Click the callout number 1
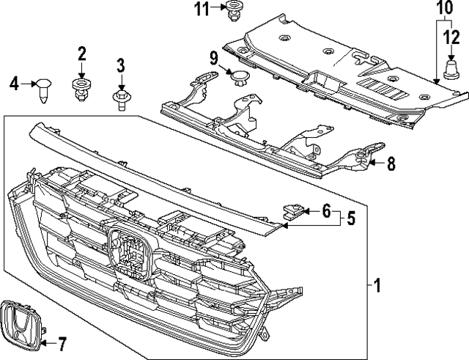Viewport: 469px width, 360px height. click(377, 284)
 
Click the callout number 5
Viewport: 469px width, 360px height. click(351, 218)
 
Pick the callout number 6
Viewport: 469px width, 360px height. click(326, 211)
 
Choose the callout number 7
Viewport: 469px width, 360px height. click(62, 342)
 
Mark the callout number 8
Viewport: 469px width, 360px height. click(391, 164)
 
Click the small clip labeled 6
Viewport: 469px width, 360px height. click(292, 211)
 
